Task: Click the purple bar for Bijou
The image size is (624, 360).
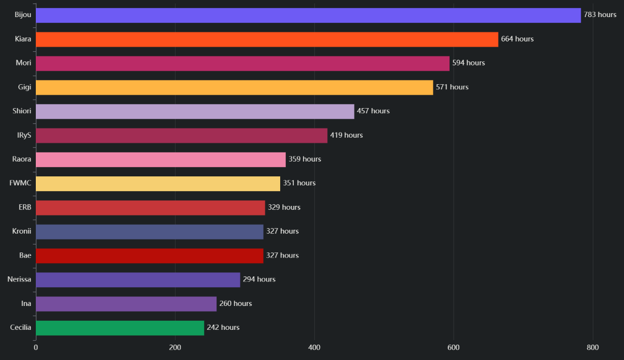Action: [309, 15]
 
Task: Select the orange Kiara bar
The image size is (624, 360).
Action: [267, 39]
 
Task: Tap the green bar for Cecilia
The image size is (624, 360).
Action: [120, 328]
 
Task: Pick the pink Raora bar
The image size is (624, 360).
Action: [161, 160]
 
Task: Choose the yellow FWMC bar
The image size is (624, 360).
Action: [158, 184]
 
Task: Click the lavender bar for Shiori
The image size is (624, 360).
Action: [195, 111]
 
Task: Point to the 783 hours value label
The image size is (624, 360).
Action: [600, 15]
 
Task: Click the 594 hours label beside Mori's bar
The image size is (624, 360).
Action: [468, 63]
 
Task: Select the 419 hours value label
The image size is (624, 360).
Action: [346, 135]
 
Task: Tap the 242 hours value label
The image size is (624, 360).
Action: [223, 328]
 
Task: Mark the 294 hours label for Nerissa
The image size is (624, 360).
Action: [259, 279]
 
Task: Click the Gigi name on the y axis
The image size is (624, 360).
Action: [24, 87]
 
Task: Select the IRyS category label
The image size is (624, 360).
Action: [24, 135]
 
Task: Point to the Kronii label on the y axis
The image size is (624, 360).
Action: [22, 231]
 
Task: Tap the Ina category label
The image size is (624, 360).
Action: [26, 304]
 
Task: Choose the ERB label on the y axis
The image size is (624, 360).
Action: [24, 207]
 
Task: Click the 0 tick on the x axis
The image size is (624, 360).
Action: [36, 347]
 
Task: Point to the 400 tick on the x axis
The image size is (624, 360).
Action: [314, 347]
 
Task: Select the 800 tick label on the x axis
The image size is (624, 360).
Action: [593, 347]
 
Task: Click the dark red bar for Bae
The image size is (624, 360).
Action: [149, 256]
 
